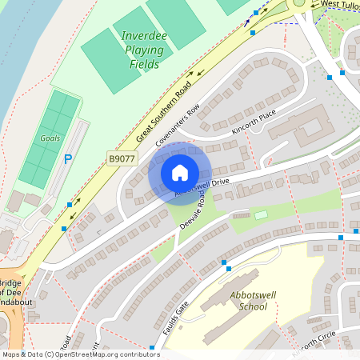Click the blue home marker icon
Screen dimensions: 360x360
[x=180, y=173]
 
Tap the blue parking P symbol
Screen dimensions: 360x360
[x=68, y=160]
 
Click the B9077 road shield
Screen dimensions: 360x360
[x=122, y=160]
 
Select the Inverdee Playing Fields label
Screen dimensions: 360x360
[x=143, y=50]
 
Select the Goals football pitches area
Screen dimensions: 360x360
[x=48, y=140]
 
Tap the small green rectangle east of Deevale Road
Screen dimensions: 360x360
[x=261, y=214]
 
